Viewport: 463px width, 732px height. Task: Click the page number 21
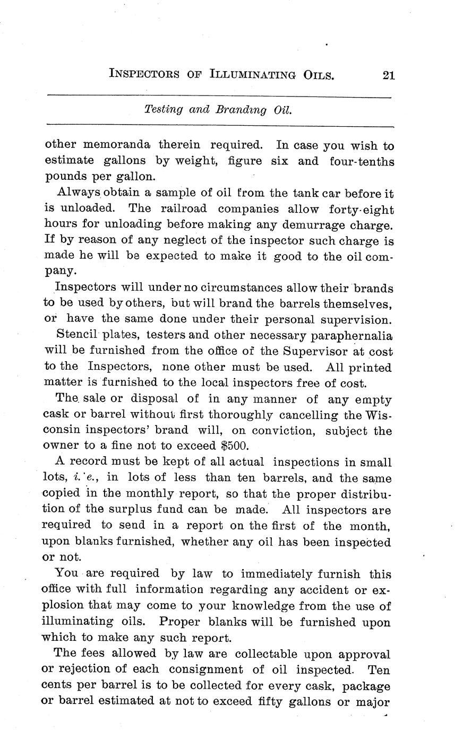pos(388,75)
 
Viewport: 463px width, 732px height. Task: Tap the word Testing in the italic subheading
pos(163,110)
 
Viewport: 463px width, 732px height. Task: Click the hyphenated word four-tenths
pos(362,161)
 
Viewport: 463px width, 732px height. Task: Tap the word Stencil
pos(78,335)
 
